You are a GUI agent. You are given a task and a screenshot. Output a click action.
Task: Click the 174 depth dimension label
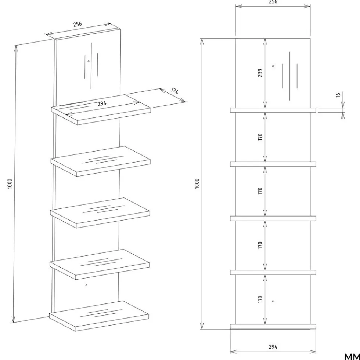175,91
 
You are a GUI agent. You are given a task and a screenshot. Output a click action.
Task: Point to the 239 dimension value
260,73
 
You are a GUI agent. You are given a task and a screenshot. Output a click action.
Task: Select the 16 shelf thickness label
338,95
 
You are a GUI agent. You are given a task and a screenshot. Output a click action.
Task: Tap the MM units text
352,357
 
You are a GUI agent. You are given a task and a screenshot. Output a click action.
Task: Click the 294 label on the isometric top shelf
102,103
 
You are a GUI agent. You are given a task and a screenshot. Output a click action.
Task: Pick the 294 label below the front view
273,347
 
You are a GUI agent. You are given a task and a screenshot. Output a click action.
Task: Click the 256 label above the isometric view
78,24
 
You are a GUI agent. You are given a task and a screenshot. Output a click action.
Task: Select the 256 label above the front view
273,2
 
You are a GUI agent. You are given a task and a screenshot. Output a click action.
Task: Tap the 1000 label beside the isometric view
10,184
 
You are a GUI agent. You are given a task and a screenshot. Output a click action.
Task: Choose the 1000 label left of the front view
197,184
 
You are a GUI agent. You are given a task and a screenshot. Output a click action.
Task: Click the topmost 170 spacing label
260,137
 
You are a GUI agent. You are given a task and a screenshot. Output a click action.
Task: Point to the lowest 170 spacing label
260,299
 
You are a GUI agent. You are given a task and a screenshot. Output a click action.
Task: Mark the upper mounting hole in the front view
273,66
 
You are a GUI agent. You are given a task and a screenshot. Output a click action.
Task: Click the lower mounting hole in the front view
273,301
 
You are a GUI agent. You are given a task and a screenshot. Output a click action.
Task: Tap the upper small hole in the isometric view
89,61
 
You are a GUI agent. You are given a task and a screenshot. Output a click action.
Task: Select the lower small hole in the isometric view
86,285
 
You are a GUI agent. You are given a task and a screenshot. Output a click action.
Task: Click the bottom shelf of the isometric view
99,316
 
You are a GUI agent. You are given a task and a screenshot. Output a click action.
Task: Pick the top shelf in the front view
273,110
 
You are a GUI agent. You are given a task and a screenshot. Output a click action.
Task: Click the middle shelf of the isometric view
100,213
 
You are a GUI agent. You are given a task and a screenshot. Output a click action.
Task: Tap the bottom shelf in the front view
273,327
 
